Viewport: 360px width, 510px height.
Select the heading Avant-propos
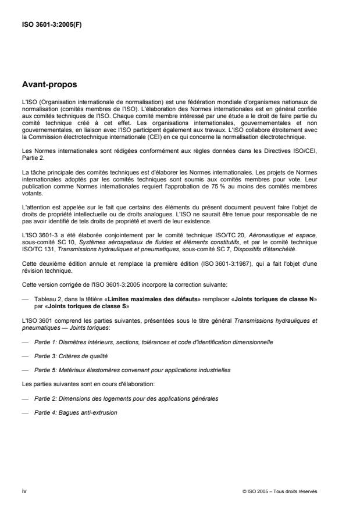pos(49,84)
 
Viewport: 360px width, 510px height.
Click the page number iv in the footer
pos(25,490)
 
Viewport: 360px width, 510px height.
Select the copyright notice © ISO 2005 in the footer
pos(279,491)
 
